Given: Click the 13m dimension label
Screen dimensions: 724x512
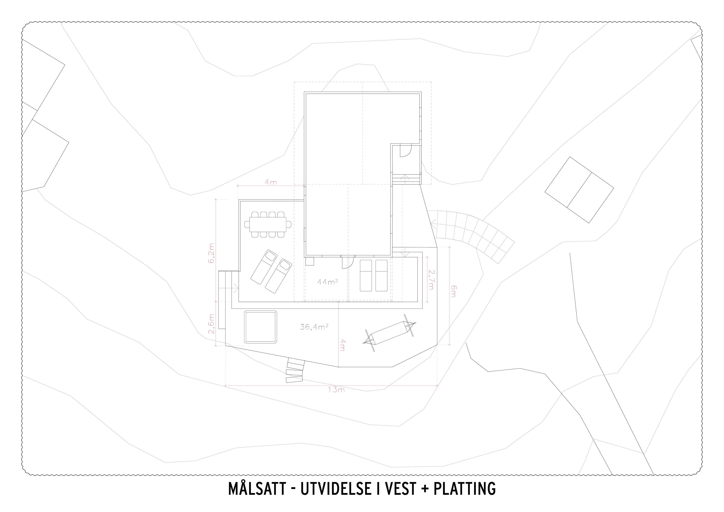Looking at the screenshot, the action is pos(336,390).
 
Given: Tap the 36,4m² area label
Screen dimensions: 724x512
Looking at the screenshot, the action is pos(314,327).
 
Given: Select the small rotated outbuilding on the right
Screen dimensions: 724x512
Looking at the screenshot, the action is pos(579,190).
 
